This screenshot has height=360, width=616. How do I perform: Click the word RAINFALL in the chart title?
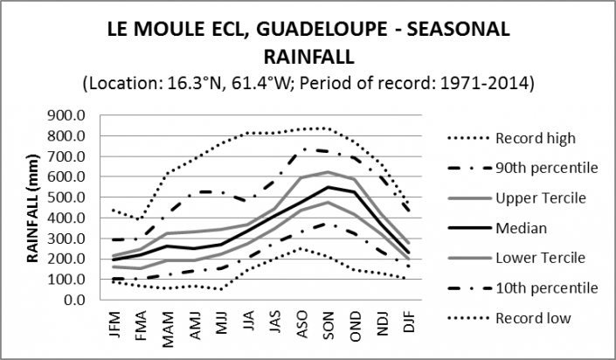[308, 58]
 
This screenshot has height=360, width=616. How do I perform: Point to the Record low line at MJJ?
[222, 288]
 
